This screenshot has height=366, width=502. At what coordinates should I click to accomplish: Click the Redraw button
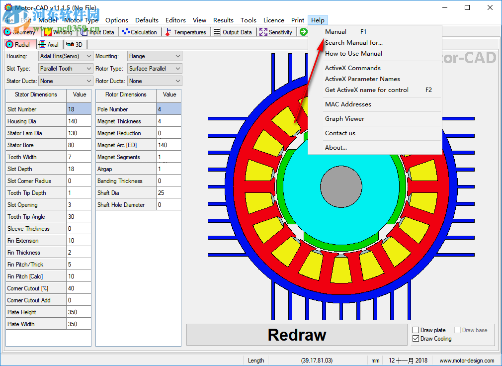297,335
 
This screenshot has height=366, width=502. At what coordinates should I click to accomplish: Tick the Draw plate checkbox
417,330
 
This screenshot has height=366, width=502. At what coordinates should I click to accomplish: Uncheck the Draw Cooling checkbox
417,339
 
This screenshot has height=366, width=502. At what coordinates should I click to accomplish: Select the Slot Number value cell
79,109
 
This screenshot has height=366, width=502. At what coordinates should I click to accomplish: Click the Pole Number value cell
168,109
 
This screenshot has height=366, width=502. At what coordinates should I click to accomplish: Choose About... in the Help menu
336,148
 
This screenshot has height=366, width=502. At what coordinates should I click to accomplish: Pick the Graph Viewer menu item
344,119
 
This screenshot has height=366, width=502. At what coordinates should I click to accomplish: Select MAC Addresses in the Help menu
348,104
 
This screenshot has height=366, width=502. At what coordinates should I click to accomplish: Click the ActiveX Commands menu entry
353,68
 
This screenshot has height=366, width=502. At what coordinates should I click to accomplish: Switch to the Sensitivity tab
276,32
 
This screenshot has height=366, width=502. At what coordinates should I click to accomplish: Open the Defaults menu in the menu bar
147,20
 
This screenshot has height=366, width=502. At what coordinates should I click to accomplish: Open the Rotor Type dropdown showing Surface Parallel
155,69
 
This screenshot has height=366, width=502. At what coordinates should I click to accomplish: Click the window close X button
490,7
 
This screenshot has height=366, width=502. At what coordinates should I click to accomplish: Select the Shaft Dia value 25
168,193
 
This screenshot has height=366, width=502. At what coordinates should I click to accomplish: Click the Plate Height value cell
79,312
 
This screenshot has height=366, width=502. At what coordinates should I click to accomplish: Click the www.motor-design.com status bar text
467,361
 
